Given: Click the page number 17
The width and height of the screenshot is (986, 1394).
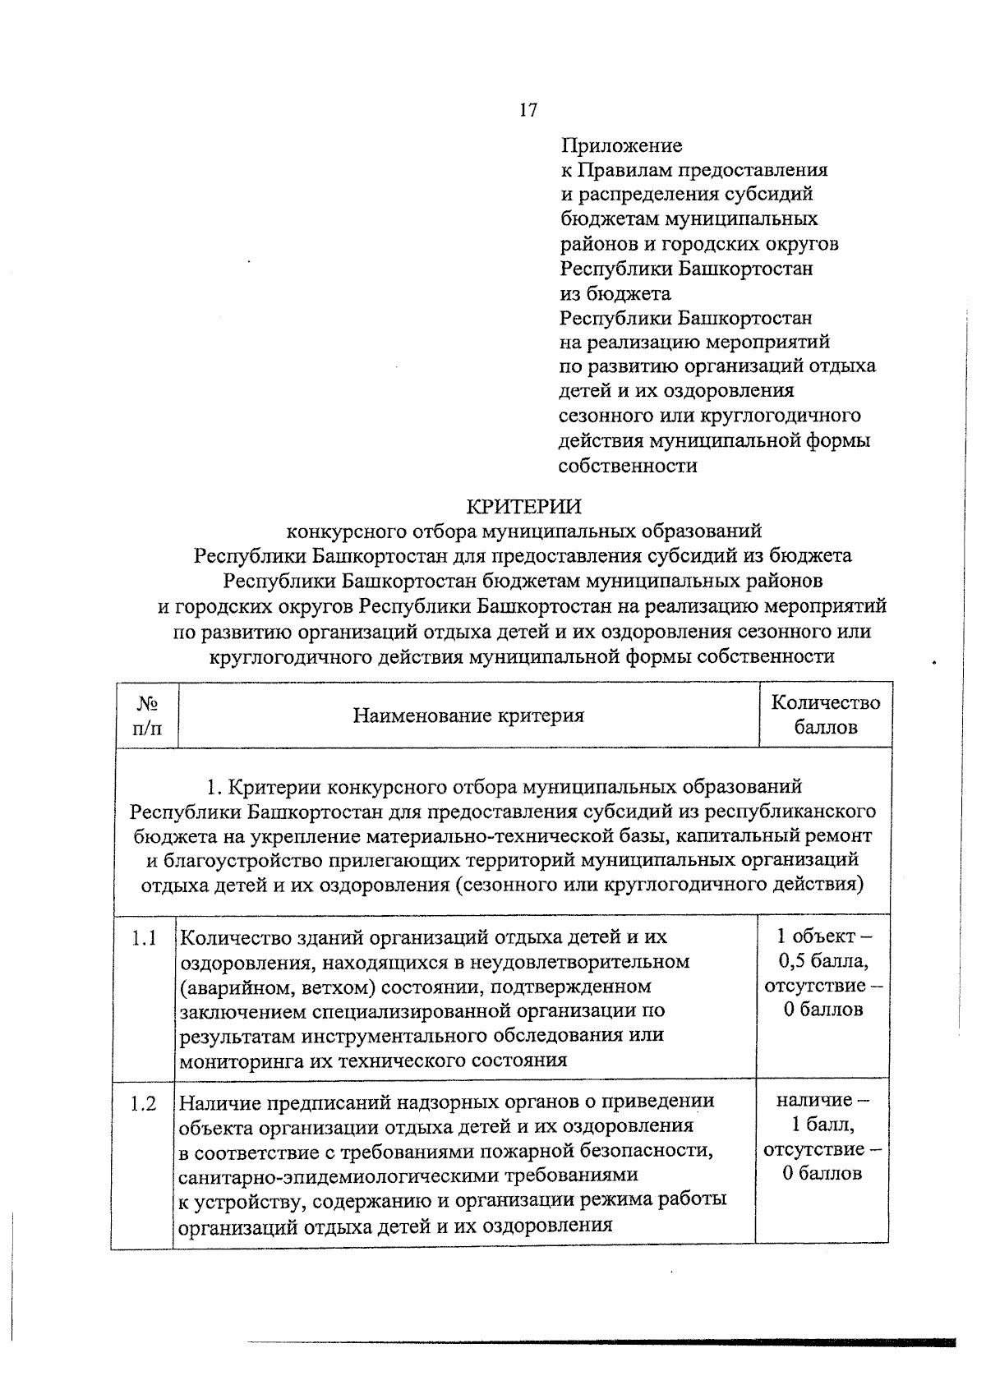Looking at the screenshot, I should click(x=528, y=110).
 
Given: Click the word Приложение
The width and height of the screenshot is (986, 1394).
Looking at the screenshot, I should click(x=621, y=146).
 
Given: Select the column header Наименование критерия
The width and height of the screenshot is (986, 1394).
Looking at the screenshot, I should click(x=468, y=715).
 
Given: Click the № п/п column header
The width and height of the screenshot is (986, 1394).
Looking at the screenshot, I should click(x=147, y=715).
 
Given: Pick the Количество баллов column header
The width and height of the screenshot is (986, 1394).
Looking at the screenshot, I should click(x=825, y=715).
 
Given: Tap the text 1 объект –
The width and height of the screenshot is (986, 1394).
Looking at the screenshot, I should click(x=824, y=936).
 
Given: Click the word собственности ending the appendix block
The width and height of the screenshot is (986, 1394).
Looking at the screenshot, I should click(x=628, y=467).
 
